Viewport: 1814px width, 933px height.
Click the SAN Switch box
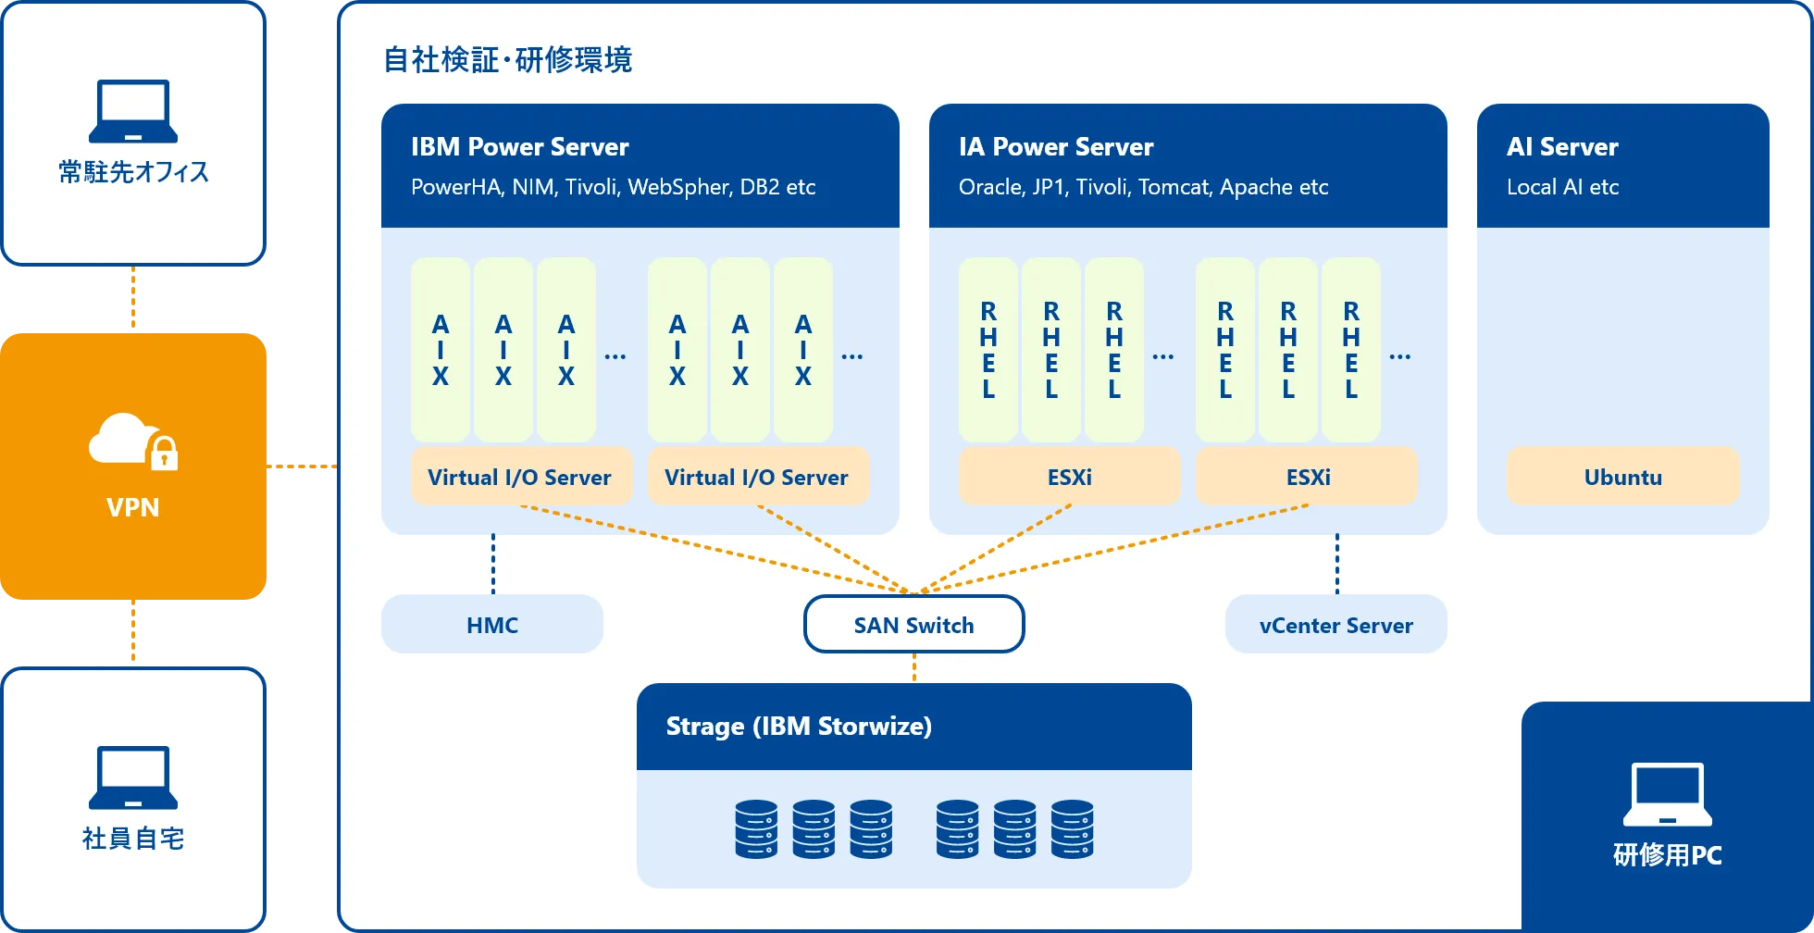[913, 625]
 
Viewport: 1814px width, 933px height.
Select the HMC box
[491, 625]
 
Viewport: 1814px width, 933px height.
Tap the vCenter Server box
[1336, 625]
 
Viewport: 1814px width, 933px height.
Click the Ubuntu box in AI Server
[1622, 477]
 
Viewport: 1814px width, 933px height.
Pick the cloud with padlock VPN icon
[133, 442]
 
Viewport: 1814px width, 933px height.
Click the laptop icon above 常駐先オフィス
[133, 111]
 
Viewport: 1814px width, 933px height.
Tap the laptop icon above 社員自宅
[133, 777]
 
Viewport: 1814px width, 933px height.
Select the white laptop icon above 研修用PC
[1667, 794]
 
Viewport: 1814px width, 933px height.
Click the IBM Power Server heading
[519, 146]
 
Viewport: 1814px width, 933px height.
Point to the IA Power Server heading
[1056, 146]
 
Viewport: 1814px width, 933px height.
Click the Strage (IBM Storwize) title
[799, 726]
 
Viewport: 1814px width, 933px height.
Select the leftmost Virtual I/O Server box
[520, 477]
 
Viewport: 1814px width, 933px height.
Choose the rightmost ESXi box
[1307, 477]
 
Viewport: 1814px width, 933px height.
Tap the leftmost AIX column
[441, 350]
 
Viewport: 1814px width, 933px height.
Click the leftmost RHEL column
[988, 350]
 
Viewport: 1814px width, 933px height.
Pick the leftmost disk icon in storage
[756, 829]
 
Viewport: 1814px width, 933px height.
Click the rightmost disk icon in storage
[1072, 829]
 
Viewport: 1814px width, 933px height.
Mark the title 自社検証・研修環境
[507, 60]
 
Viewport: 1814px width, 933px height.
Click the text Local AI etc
[1562, 187]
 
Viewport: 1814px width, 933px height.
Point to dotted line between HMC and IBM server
[493, 564]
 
